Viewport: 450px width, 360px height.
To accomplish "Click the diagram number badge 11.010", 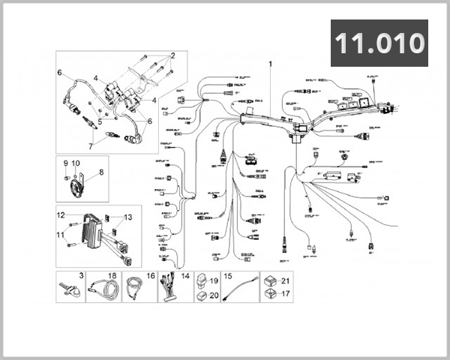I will tap(379, 43).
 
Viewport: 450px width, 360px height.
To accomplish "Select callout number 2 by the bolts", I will tap(172, 55).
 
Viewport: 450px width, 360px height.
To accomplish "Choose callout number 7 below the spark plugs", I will tap(92, 146).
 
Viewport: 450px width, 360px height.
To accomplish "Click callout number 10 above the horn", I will tap(76, 163).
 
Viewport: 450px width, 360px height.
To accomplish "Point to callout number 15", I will tap(229, 276).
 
